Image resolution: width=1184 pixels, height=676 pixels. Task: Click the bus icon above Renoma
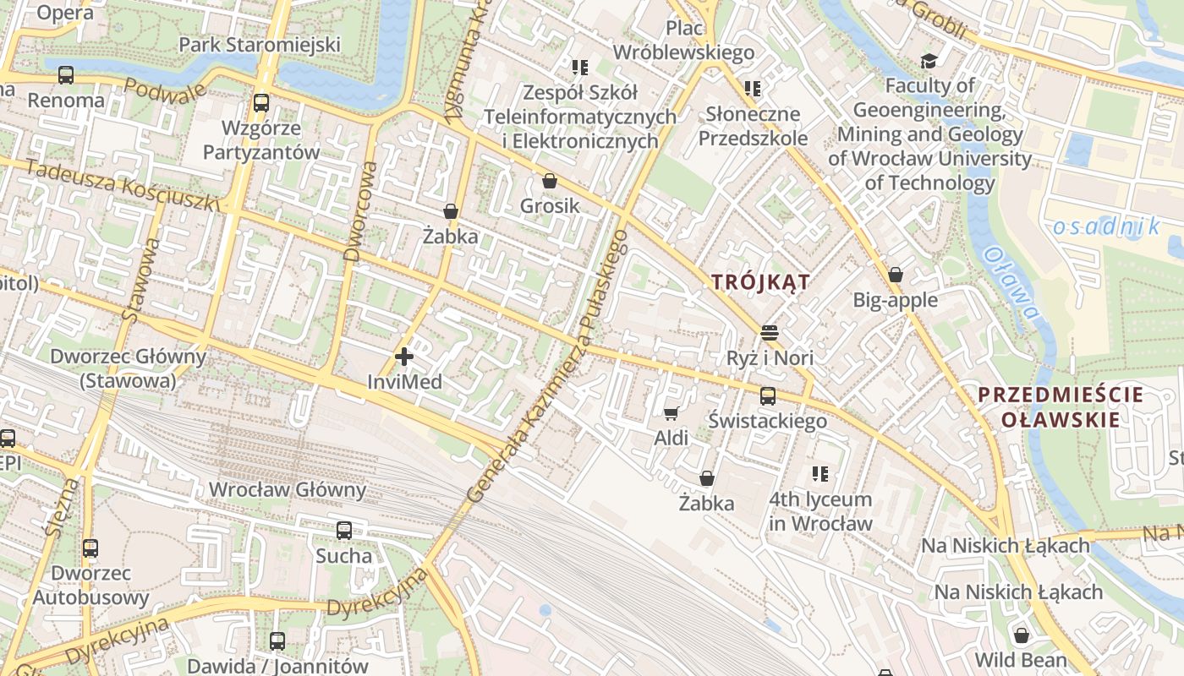point(66,74)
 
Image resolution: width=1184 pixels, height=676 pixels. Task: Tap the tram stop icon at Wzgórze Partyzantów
point(261,103)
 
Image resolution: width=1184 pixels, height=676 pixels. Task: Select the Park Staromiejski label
point(259,45)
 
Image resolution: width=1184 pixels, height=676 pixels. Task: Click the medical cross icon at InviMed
point(404,357)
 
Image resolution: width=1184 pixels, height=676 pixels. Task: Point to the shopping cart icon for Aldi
point(671,413)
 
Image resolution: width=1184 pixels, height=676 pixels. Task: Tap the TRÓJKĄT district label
point(760,282)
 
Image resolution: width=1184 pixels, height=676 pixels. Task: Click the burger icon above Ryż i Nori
point(769,333)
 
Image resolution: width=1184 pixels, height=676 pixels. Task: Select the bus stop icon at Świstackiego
point(767,395)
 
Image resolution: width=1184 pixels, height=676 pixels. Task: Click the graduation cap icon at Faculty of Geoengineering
point(929,61)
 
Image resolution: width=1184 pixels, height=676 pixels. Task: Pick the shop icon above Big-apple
point(896,275)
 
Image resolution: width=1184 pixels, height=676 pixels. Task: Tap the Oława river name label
point(1011,283)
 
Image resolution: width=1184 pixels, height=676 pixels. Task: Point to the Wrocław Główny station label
point(287,489)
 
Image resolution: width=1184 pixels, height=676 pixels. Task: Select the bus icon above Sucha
point(343,531)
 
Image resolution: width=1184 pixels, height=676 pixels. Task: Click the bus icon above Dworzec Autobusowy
point(90,548)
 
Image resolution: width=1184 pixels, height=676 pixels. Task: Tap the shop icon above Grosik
point(550,181)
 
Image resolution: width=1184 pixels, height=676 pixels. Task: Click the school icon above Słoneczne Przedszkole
point(752,89)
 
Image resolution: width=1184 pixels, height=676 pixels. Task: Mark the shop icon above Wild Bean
point(1021,635)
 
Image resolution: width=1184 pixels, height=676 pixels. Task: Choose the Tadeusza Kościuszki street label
point(122,184)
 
